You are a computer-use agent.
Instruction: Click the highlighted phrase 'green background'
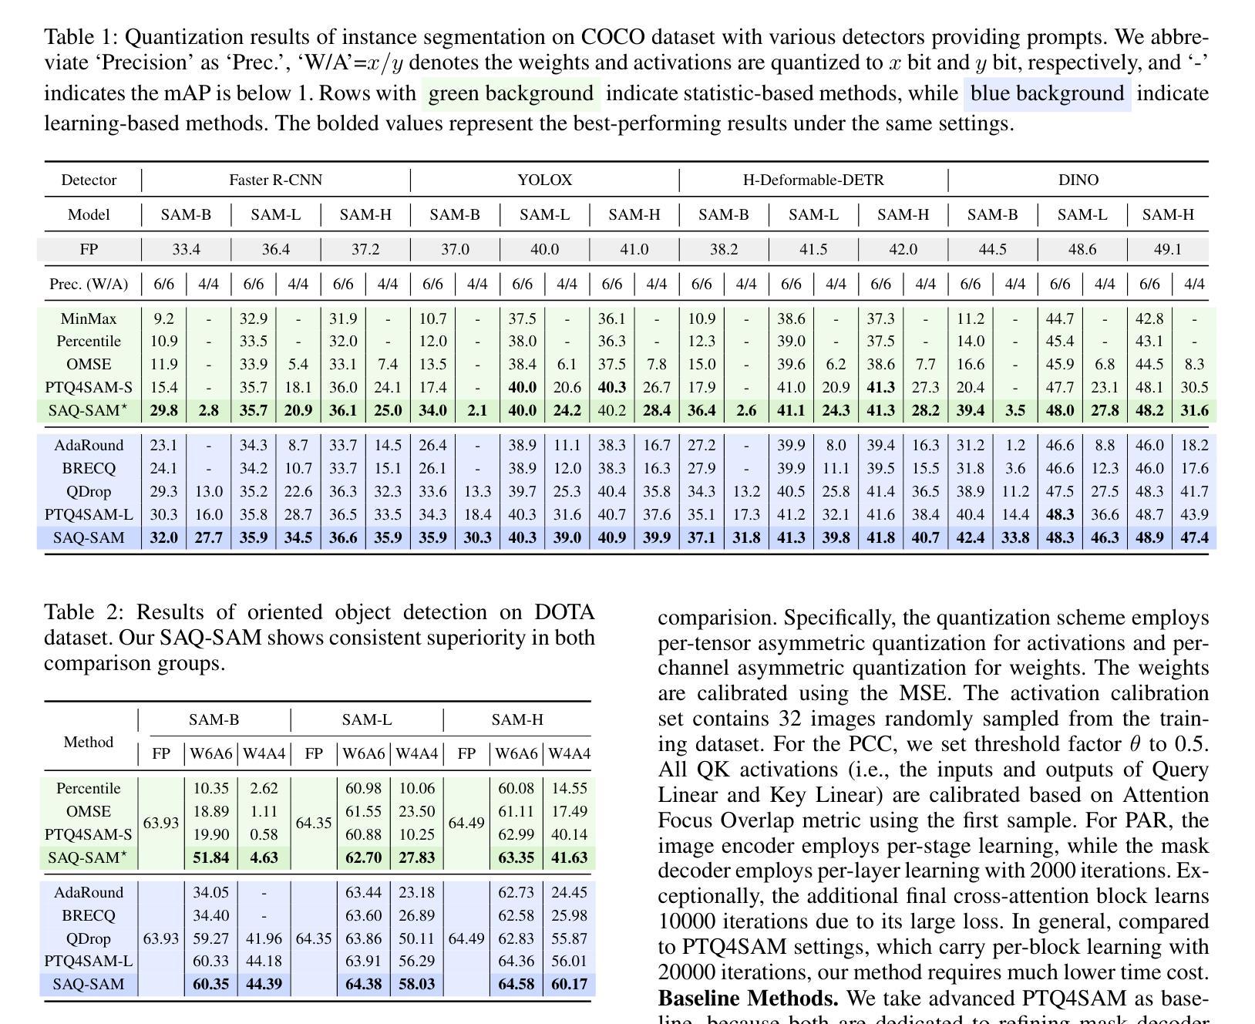(510, 94)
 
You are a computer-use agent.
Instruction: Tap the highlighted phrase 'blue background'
(1047, 94)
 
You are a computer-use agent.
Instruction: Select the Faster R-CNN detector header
(275, 180)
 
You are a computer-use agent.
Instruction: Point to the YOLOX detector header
(544, 180)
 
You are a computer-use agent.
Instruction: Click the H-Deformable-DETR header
(813, 180)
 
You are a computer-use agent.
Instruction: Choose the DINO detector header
(1078, 180)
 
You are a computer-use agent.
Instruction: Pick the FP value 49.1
(1168, 250)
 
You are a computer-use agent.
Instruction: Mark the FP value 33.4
(186, 250)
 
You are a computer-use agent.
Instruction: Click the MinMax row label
(89, 318)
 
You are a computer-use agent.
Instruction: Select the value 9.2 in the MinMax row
(163, 318)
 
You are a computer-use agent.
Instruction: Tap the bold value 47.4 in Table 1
(1194, 537)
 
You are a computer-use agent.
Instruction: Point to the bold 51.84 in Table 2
(210, 857)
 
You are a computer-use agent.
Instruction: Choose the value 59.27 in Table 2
(210, 939)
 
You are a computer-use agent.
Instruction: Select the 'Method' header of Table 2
(89, 743)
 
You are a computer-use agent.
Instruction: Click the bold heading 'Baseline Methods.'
(748, 999)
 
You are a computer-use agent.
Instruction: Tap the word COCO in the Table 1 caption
(613, 37)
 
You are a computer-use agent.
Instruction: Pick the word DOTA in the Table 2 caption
(564, 612)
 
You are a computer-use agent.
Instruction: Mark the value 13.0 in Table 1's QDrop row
(208, 492)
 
